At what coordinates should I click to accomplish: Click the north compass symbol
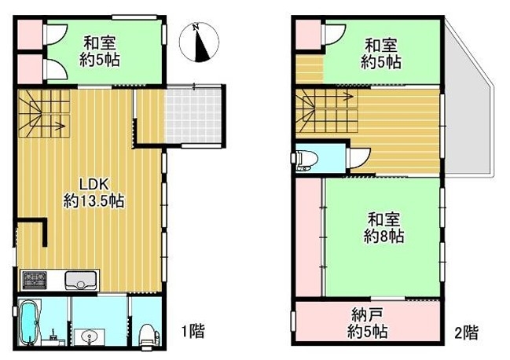pyautogui.click(x=199, y=42)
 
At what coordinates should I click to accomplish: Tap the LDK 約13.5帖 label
pyautogui.click(x=94, y=193)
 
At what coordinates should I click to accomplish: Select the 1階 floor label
pyautogui.click(x=193, y=331)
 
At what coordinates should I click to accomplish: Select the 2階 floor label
pyautogui.click(x=466, y=332)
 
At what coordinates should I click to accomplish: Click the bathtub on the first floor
pyautogui.click(x=30, y=321)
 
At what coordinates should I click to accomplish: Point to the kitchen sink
pyautogui.click(x=81, y=280)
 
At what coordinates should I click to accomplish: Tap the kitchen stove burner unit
pyautogui.click(x=34, y=280)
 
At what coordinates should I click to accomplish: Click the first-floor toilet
pyautogui.click(x=149, y=335)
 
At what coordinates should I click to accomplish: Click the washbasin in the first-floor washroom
pyautogui.click(x=89, y=336)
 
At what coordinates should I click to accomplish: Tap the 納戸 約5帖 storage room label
pyautogui.click(x=367, y=324)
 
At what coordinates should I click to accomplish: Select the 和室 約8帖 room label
pyautogui.click(x=383, y=228)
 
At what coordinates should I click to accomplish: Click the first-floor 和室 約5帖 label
pyautogui.click(x=100, y=52)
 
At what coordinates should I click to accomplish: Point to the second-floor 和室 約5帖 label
pyautogui.click(x=380, y=53)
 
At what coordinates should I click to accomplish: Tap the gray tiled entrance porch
pyautogui.click(x=194, y=116)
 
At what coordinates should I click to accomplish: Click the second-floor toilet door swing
pyautogui.click(x=359, y=158)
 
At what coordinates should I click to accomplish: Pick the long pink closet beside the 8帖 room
pyautogui.click(x=309, y=237)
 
